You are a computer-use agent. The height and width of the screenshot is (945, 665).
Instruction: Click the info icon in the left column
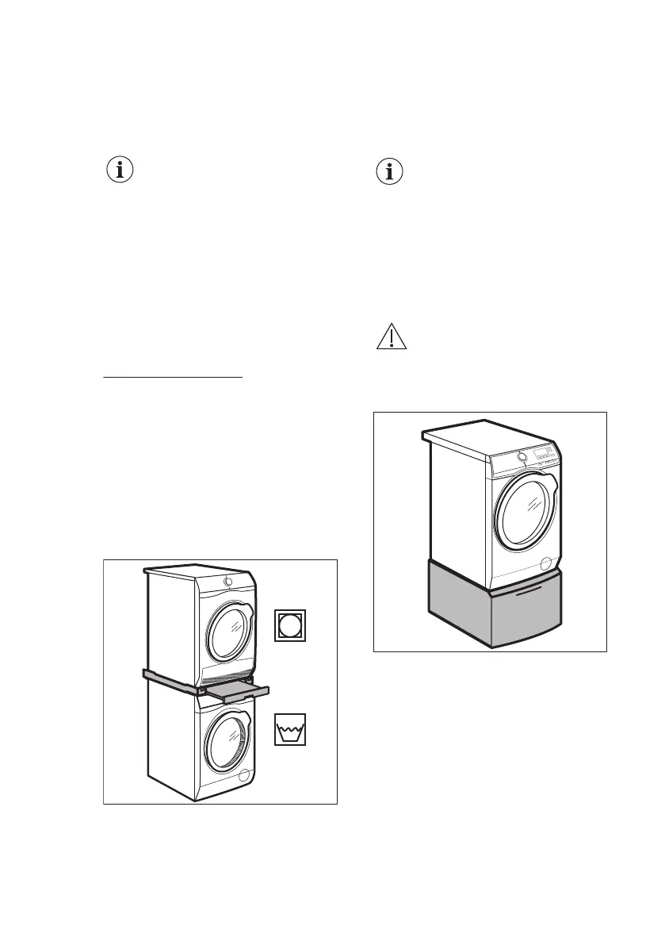[120, 170]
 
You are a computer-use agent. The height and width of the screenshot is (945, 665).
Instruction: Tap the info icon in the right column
[389, 171]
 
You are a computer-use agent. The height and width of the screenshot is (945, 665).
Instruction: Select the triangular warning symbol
[390, 338]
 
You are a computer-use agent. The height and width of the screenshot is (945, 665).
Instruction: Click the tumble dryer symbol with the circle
[290, 626]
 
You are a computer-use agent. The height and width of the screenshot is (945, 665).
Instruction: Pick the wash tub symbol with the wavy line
[290, 729]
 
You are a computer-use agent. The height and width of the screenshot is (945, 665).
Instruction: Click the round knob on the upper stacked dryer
[228, 581]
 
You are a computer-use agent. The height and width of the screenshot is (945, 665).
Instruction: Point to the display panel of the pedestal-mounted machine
[544, 452]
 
